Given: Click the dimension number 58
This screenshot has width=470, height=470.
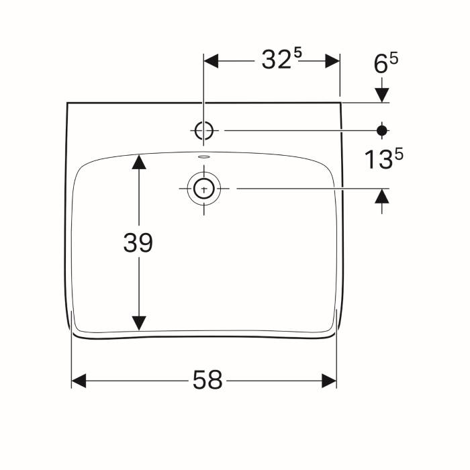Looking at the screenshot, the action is (x=207, y=379).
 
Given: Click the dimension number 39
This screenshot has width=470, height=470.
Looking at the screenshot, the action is (x=138, y=242).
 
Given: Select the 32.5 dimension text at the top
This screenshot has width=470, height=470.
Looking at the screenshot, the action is (x=282, y=58).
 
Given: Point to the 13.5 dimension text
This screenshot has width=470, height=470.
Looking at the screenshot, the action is (x=384, y=158).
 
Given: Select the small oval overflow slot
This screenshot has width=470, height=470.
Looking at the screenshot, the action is (x=204, y=156).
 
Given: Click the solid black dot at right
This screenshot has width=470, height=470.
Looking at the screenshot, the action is (x=382, y=130).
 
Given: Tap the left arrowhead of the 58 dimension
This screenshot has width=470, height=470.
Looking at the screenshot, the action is (x=79, y=381).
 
